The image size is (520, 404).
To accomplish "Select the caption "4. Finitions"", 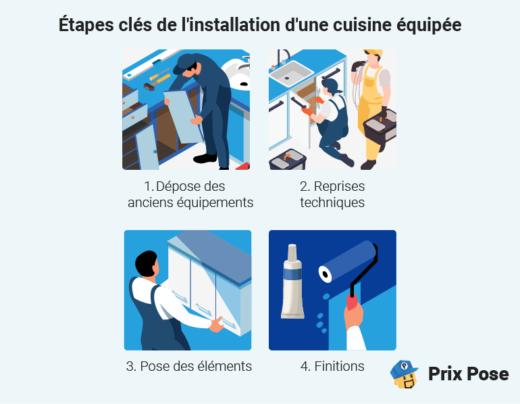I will click(x=332, y=366).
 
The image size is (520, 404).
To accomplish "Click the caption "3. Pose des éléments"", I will click(x=188, y=366).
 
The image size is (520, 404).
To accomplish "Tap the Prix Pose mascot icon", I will click(x=405, y=374).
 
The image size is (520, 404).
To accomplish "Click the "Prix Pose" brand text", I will click(x=468, y=374).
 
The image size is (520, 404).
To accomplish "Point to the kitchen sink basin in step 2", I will click(x=291, y=70).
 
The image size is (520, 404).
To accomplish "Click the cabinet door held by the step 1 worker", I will click(x=184, y=115).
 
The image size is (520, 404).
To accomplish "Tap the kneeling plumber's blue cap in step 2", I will click(x=332, y=85).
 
